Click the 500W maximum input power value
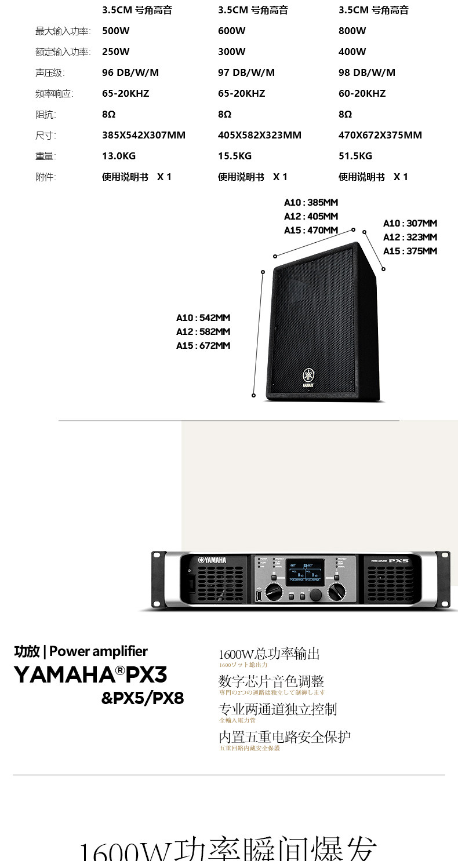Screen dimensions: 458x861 coord(115,31)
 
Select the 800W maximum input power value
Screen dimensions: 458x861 coord(352,31)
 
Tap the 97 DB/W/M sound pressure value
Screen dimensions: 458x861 coord(246,72)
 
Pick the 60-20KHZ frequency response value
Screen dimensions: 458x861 coord(362,93)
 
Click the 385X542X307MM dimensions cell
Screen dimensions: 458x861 coord(143,135)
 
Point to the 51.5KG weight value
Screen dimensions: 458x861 coord(355,156)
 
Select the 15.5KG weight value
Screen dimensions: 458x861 coord(234,156)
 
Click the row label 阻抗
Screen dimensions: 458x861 coord(45,114)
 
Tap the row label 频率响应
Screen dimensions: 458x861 coord(54,93)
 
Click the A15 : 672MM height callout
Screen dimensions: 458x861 coord(203,346)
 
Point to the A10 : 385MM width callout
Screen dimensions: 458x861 coord(311,203)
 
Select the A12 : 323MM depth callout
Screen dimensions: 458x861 coord(410,237)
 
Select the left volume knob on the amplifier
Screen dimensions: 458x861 coord(273,592)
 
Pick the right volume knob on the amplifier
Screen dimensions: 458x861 coord(336,592)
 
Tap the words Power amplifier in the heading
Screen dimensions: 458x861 coord(99,651)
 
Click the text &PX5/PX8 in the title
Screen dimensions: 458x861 coord(143,698)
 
